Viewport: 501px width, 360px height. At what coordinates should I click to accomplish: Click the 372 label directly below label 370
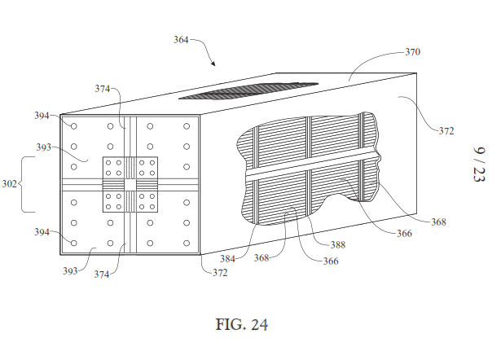[446, 130]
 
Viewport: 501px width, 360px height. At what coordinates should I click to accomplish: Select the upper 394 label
[42, 116]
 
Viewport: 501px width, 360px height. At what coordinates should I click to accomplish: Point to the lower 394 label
[42, 232]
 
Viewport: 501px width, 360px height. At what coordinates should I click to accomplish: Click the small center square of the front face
[130, 185]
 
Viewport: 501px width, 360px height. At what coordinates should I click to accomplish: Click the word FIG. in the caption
[231, 325]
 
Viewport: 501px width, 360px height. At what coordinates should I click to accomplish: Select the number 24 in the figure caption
[259, 325]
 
